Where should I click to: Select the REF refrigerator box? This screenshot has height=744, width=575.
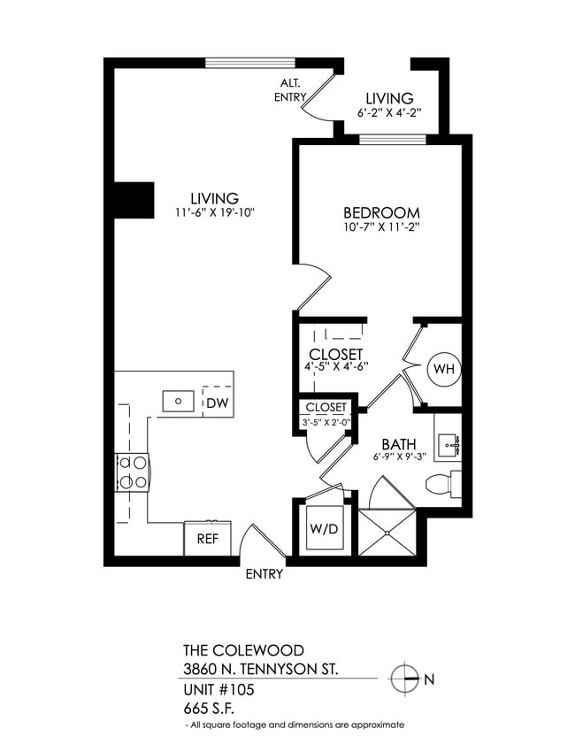point(207,538)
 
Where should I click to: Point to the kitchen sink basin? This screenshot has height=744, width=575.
point(180,401)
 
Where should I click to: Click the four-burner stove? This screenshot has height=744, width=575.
point(132,472)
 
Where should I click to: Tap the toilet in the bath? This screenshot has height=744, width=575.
point(441,484)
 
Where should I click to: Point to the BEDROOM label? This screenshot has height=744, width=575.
point(381,213)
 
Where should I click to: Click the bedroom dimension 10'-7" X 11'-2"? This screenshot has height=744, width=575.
point(381,227)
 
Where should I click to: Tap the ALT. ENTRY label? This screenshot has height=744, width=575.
point(292,89)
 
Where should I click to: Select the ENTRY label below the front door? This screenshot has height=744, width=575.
point(264,574)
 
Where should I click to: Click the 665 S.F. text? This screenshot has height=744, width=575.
point(210,707)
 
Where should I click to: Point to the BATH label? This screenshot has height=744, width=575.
point(399,444)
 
